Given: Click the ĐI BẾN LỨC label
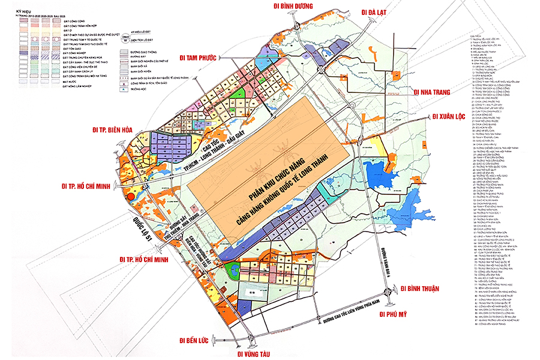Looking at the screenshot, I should click(x=193, y=340).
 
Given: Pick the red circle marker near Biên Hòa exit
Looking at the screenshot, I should click(x=131, y=195).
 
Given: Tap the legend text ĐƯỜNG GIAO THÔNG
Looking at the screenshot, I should click(x=150, y=52).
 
